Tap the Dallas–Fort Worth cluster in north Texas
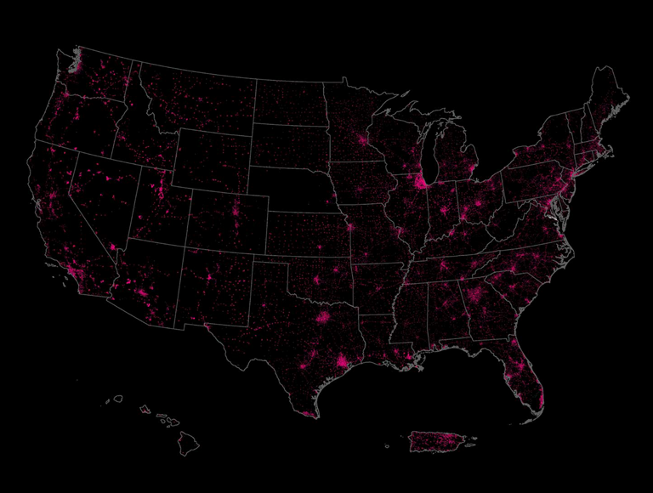[x=323, y=319]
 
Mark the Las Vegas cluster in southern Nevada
[x=113, y=247]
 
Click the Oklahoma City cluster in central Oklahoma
[x=318, y=280]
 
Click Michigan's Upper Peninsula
[x=408, y=118]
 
